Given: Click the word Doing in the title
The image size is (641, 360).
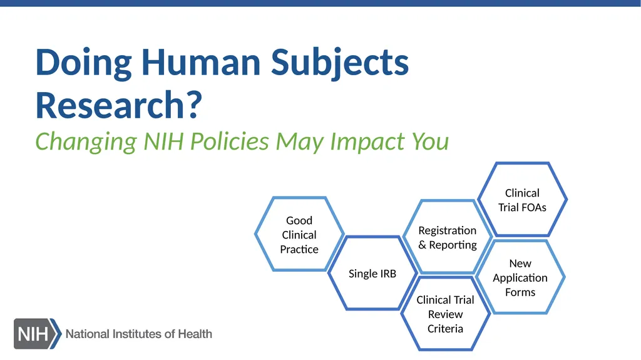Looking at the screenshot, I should (83, 62).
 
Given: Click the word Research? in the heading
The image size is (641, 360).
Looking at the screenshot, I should (118, 105).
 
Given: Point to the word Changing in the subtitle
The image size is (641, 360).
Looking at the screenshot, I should (85, 141).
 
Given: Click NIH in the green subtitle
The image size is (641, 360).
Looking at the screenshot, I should (165, 141).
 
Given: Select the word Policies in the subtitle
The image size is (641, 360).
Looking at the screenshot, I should (229, 141).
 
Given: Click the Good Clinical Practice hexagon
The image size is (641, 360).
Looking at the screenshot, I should (299, 234).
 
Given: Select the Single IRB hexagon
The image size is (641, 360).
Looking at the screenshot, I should (372, 274).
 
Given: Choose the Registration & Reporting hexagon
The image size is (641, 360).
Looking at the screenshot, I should (447, 237).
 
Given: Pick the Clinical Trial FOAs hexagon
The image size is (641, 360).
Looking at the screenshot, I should (522, 200).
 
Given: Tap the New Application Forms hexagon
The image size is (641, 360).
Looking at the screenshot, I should (520, 277).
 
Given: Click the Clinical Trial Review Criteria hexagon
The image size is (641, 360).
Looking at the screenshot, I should (445, 314).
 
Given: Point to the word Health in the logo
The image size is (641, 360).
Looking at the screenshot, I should (195, 334).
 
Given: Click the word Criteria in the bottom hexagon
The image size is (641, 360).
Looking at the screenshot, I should (445, 329).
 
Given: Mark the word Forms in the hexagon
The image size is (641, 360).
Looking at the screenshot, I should (520, 292).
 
